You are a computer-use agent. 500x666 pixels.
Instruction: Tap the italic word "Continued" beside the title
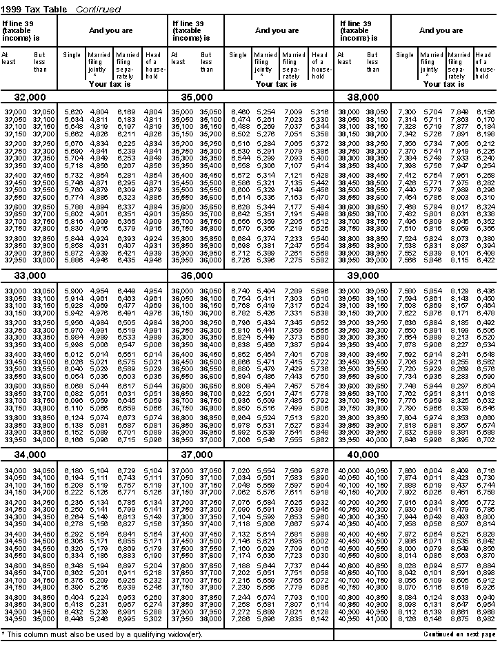[x=98, y=10]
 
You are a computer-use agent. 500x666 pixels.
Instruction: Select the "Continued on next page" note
[x=459, y=634]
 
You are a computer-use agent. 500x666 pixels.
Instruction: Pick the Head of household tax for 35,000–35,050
[x=319, y=112]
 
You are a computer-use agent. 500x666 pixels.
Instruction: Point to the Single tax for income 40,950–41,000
[x=408, y=618]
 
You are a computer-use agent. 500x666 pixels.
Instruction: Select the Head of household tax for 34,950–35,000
[x=152, y=618]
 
